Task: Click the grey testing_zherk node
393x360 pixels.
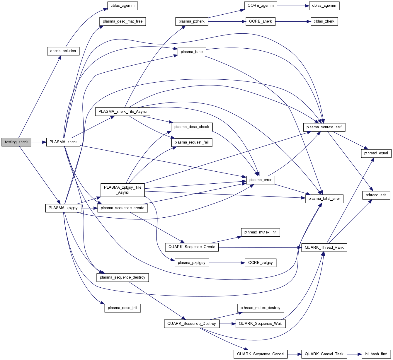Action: point(16,142)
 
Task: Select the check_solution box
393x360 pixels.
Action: point(63,51)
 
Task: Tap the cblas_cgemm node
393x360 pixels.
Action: point(123,6)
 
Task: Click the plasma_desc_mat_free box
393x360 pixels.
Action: point(123,22)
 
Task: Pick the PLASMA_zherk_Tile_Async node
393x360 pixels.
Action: point(123,112)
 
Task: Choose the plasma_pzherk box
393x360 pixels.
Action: point(192,21)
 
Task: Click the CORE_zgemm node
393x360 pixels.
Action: point(261,6)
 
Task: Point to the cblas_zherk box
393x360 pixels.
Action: point(324,22)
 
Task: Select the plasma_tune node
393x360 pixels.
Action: point(192,52)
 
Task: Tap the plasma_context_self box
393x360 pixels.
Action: point(324,127)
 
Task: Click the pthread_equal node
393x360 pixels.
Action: point(376,153)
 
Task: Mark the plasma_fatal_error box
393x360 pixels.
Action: point(324,199)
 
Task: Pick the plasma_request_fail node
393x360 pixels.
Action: point(192,142)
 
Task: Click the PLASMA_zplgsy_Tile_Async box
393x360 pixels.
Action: point(123,190)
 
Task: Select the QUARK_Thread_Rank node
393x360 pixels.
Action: point(324,248)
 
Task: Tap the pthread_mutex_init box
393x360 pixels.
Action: point(260,232)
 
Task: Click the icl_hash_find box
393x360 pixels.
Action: point(376,354)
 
